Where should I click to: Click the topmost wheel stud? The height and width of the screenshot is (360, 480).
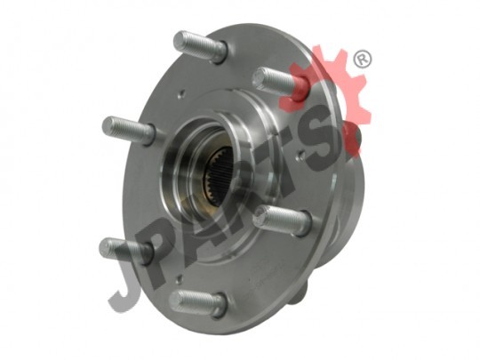pyautogui.click(x=201, y=46)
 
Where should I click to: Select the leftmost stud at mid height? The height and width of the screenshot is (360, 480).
pyautogui.click(x=129, y=130)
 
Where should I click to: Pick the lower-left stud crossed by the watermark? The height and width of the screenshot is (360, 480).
pyautogui.click(x=126, y=249)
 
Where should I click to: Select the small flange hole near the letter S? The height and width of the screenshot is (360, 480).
pyautogui.click(x=303, y=156)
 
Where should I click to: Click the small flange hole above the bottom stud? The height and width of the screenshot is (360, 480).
pyautogui.click(x=180, y=279)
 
